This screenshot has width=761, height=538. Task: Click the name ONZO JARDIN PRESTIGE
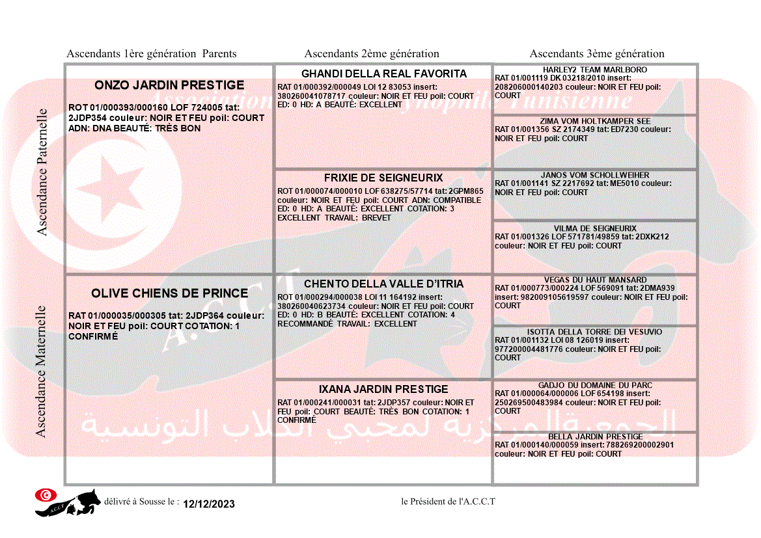pos(169,85)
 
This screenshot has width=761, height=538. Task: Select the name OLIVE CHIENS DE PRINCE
pos(169,293)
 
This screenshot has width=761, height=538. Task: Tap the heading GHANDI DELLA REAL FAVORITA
pos(384,74)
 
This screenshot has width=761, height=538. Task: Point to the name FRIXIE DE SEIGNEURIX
pos(383,178)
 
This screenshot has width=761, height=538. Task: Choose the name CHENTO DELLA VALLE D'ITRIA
pos(383,284)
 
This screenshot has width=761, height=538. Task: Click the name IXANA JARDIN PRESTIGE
pos(383,389)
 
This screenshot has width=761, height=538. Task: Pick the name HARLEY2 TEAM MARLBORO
pos(595,70)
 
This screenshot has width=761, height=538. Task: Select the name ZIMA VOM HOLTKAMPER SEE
pos(595,121)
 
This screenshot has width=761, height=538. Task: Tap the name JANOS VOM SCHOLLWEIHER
pos(595,175)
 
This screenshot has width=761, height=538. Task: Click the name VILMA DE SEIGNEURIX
pos(595,228)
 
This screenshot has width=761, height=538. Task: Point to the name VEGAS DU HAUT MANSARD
pos(595,280)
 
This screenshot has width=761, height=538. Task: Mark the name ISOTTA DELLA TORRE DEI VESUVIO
pos(595,332)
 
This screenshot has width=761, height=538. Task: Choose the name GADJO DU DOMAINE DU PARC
pos(595,385)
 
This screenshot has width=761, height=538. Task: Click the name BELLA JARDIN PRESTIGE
pos(595,437)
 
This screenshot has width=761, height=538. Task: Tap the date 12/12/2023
pos(209,504)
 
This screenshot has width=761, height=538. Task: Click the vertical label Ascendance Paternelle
pos(42,172)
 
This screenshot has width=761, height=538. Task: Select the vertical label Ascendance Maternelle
pos(42,371)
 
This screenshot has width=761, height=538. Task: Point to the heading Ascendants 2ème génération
pos(372,54)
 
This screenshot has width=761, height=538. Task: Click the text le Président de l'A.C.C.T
pos(448,502)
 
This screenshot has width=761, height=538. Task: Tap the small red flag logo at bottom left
pos(44,495)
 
